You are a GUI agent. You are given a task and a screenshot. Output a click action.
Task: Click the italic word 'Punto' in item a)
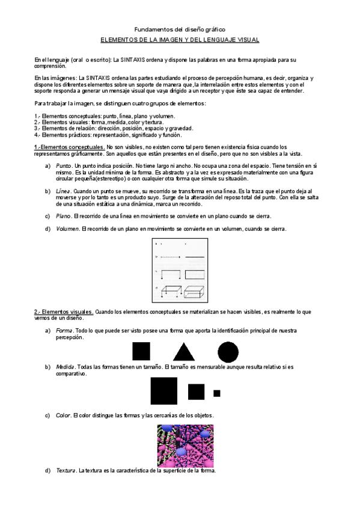tap(63, 165)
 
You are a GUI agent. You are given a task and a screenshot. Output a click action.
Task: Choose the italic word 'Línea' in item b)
tap(63, 191)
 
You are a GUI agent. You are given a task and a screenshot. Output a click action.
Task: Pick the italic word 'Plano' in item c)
tap(63, 216)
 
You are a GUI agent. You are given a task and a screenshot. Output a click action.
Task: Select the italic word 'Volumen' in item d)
tap(67, 229)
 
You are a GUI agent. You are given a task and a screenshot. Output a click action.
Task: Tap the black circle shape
tap(228, 351)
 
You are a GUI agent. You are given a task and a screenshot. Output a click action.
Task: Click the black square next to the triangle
tap(141, 351)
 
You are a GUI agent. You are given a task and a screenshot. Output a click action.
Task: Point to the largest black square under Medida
tap(163, 391)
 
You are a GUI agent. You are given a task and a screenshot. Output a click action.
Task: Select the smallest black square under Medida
tap(216, 393)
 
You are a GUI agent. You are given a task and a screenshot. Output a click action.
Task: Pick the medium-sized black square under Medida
tap(196, 392)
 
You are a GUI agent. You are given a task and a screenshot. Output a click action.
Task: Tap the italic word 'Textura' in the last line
tap(66, 470)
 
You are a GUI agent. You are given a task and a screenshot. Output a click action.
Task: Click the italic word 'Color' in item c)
tap(63, 416)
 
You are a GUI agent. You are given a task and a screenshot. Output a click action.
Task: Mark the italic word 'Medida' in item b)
tap(65, 366)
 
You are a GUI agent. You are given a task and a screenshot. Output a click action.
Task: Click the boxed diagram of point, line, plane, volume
tap(180, 271)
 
